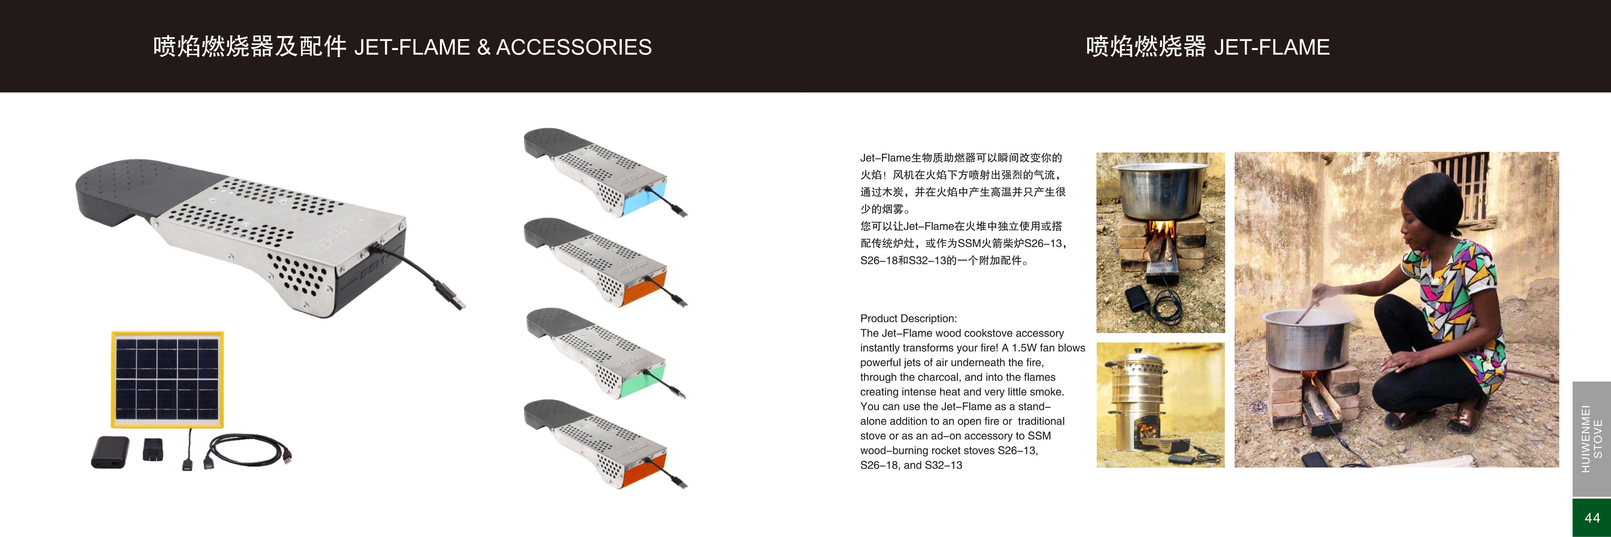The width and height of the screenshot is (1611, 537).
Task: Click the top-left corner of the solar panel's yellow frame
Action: pyautogui.click(x=112, y=332)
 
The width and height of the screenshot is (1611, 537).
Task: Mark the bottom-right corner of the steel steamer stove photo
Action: pyautogui.click(x=1224, y=467)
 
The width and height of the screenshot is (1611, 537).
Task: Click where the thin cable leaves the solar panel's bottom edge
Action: pyautogui.click(x=190, y=429)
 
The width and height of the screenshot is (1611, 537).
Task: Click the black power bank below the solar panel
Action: pyautogui.click(x=110, y=452)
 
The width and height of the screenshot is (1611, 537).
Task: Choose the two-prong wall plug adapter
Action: pyautogui.click(x=152, y=449)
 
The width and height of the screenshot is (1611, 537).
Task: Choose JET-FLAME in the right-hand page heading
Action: pyautogui.click(x=1272, y=47)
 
